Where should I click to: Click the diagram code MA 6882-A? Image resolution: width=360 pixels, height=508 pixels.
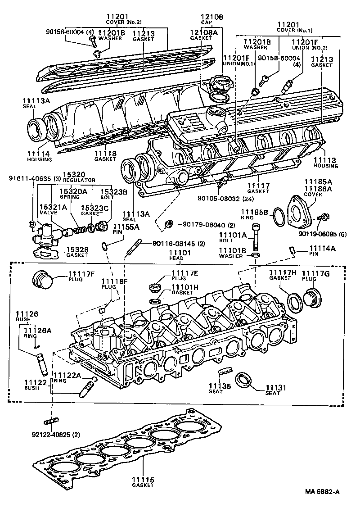click(322, 492)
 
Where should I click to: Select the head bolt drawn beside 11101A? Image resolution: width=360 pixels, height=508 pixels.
click(256, 236)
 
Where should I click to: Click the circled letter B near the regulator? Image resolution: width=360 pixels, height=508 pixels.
click(32, 224)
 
